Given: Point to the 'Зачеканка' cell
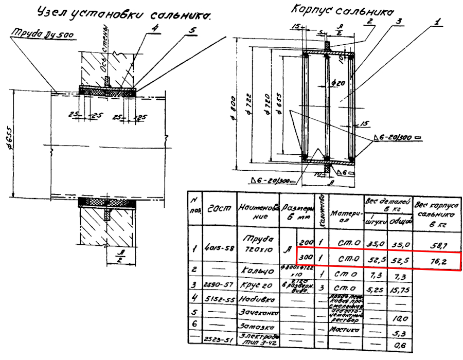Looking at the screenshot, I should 257,312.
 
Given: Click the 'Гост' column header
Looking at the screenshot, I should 218,208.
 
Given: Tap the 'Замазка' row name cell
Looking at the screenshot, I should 258,326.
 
